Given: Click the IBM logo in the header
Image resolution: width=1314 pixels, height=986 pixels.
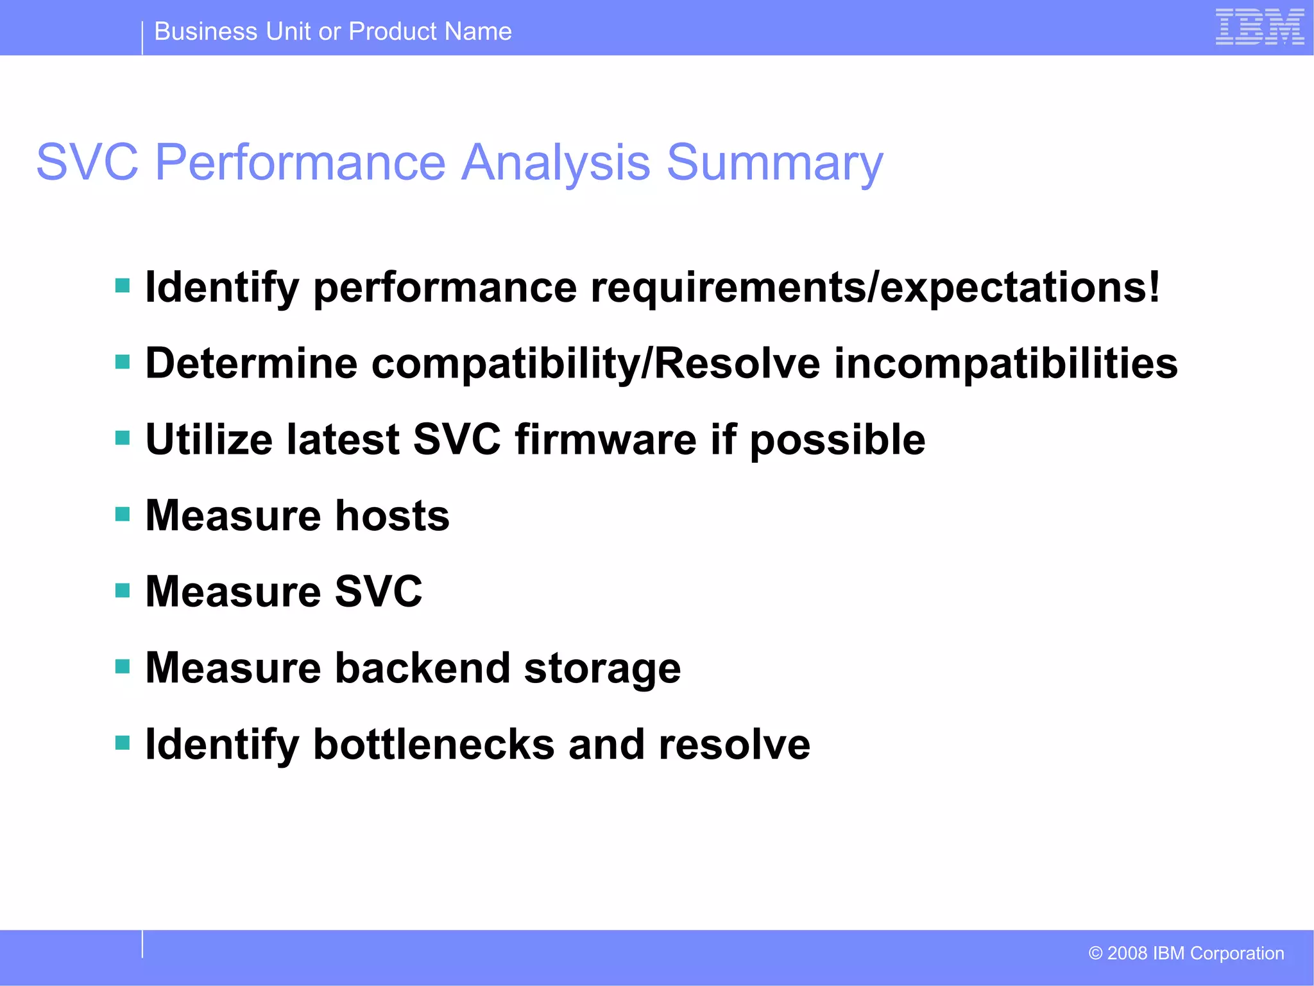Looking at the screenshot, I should [x=1259, y=27].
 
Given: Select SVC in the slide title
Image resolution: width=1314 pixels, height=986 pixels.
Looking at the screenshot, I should [x=87, y=162].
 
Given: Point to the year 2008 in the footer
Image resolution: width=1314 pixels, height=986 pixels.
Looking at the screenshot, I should [x=1127, y=953].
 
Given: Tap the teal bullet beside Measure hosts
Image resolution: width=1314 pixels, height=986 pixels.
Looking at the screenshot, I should [x=123, y=514].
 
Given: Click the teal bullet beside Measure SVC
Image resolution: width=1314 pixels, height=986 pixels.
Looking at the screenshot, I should [x=123, y=590].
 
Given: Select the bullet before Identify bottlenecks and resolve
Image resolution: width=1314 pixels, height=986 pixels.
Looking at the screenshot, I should [x=123, y=743].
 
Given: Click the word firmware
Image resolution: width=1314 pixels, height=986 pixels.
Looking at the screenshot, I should [x=606, y=440].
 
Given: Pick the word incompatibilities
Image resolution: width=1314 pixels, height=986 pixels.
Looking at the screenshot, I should [x=1005, y=363].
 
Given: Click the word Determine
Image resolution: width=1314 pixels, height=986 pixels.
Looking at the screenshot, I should [x=252, y=363].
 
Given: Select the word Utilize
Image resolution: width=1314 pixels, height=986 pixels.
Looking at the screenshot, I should [x=209, y=440].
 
